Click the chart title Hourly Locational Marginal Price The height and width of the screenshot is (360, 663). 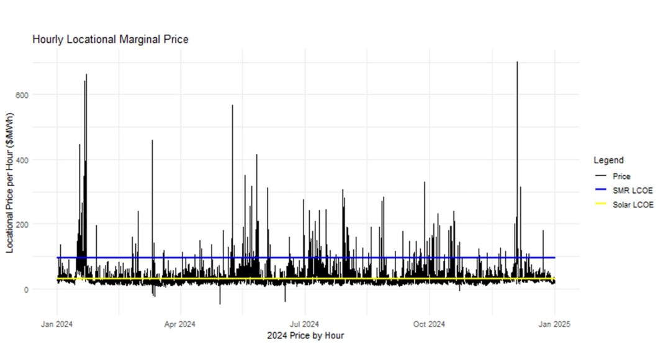pos(110,39)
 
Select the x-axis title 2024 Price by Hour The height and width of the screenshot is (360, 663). pos(305,336)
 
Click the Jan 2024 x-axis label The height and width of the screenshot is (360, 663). pos(57,323)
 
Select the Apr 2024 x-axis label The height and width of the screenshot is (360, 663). pos(181,323)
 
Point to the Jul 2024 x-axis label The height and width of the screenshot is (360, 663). pos(305,323)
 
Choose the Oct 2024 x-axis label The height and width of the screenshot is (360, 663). pos(429,323)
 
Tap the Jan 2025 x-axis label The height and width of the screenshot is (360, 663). pos(554,323)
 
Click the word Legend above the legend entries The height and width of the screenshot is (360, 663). pos(608,160)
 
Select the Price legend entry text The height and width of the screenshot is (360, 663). pos(621,176)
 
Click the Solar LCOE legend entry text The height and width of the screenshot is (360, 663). pos(632,204)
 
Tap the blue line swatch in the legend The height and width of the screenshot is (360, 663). pos(600,190)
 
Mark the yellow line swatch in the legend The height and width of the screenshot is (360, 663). pos(600,204)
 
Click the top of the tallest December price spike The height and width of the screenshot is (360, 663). pos(516,62)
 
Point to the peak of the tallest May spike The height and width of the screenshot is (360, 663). pos(232,106)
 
